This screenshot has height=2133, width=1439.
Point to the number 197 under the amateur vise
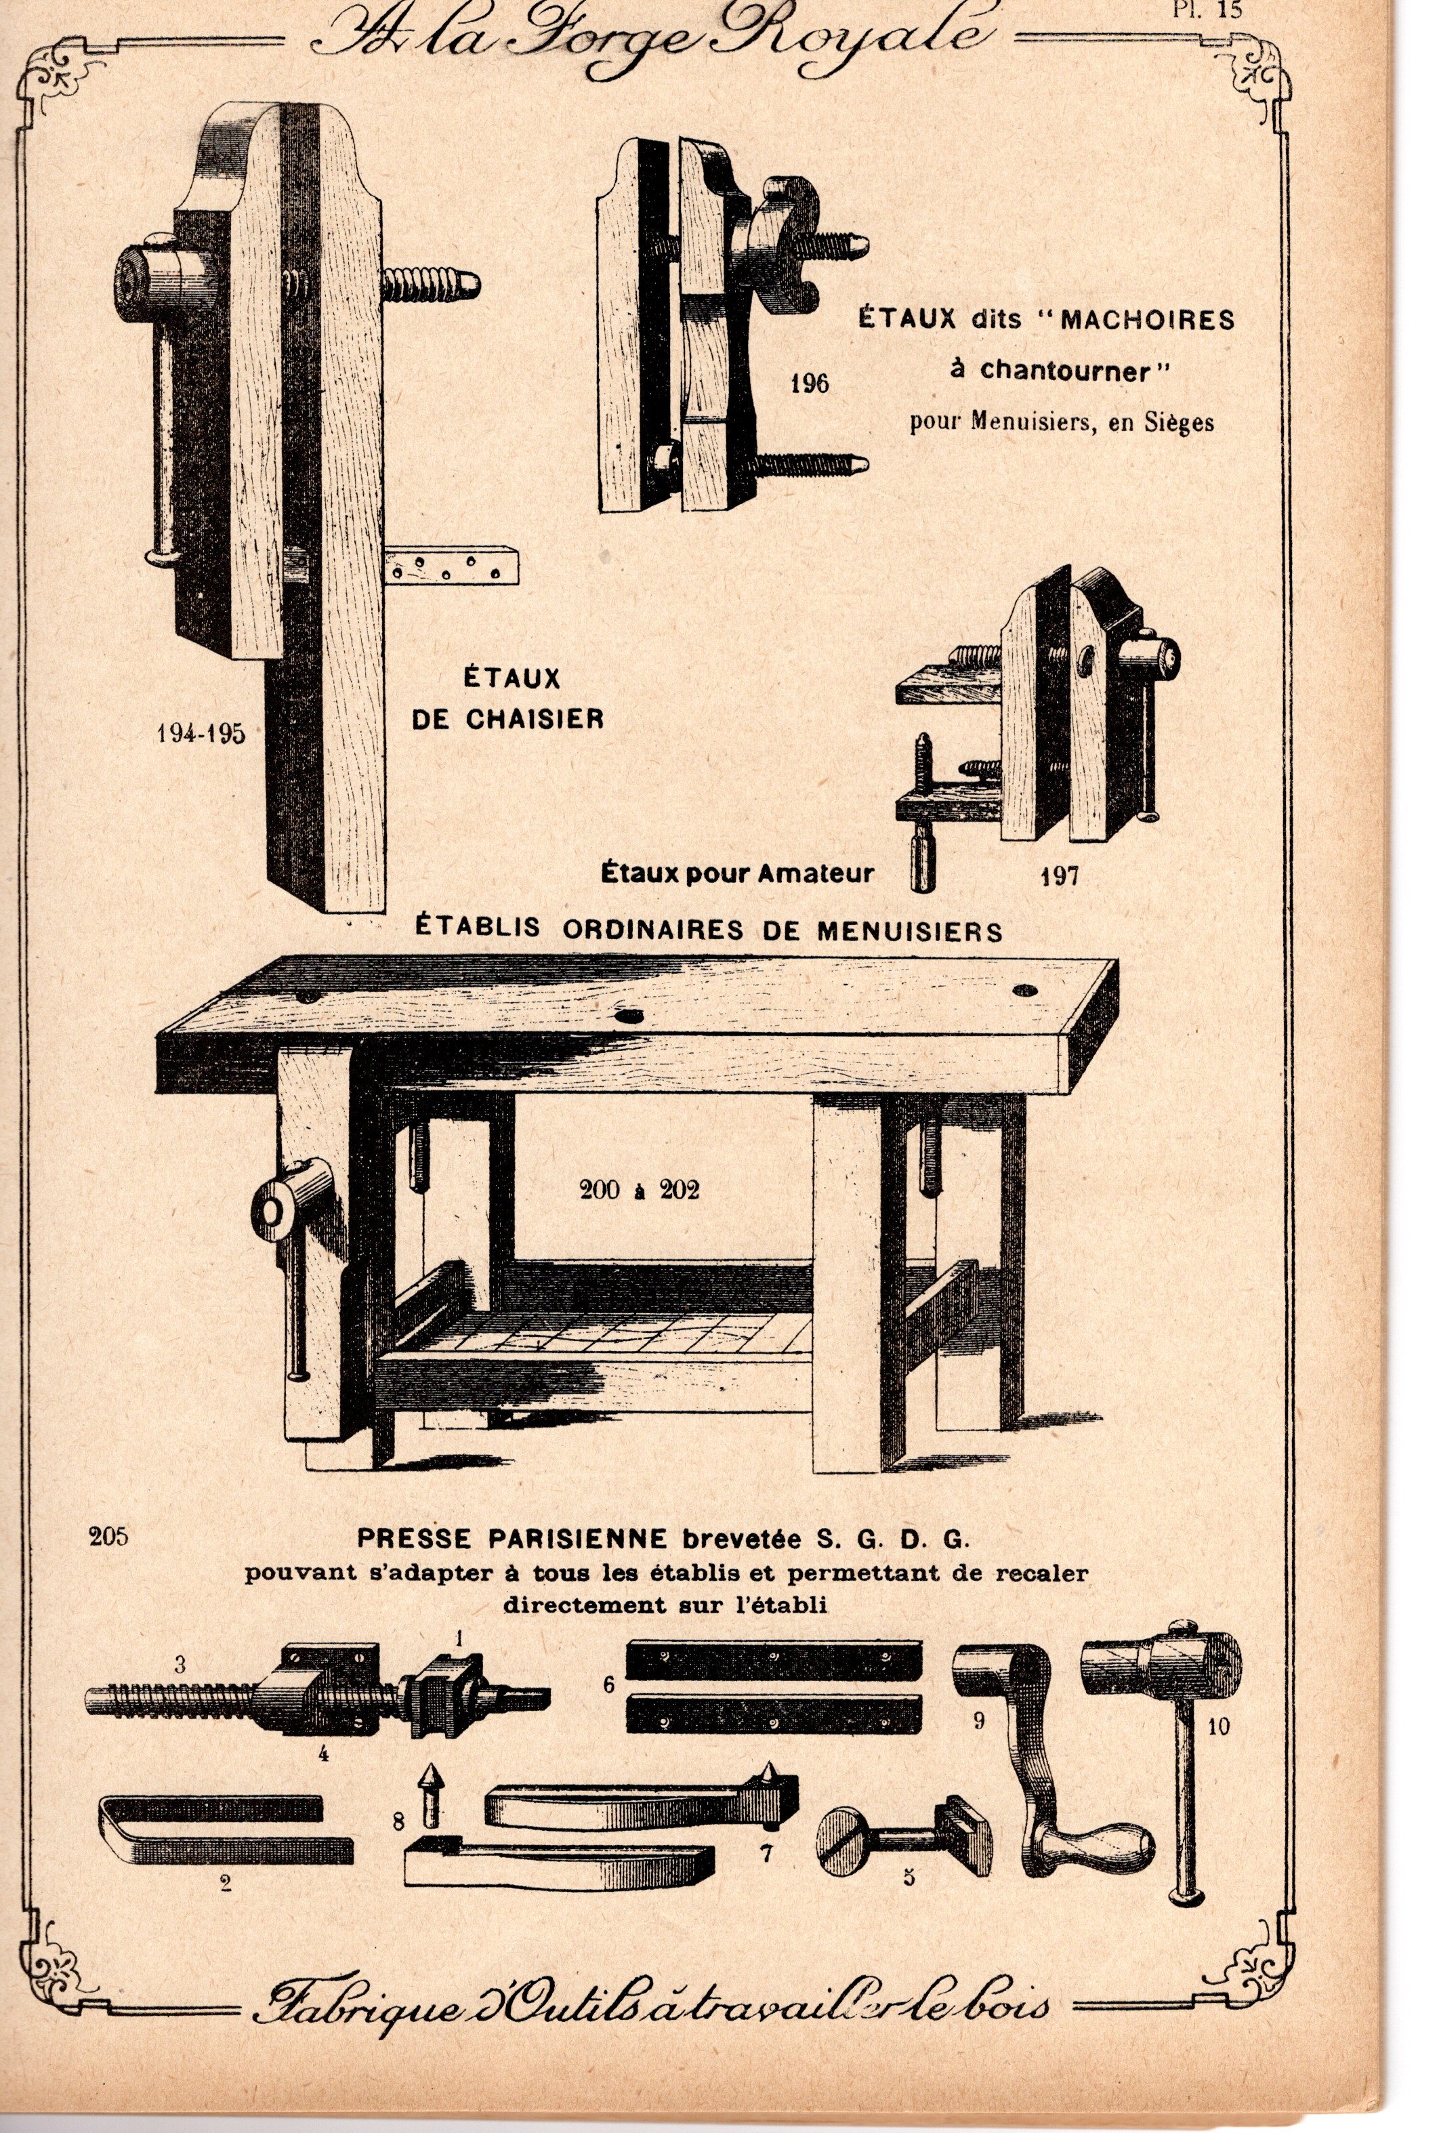click(1059, 875)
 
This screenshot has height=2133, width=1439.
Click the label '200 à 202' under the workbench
click(639, 1190)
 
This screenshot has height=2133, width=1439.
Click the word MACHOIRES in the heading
click(1146, 320)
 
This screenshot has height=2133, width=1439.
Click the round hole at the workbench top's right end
click(1025, 991)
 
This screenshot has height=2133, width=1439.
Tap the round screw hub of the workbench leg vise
click(272, 1212)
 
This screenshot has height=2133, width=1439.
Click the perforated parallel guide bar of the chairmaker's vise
click(451, 566)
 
